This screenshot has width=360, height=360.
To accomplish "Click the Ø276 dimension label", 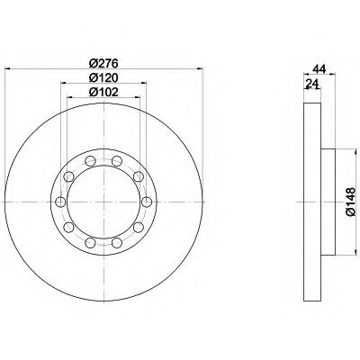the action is point(103,63).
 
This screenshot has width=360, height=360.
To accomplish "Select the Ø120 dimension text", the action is point(103,77).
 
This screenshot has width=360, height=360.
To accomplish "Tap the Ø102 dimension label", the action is point(103,92).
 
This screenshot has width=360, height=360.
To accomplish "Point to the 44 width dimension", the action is point(319,69).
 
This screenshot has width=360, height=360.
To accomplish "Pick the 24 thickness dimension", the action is point(311,84).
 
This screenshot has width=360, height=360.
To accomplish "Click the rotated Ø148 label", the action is point(350,202).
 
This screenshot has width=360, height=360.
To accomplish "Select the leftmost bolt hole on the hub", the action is point(60,202).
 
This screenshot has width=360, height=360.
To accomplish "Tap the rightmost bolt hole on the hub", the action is point(147,202).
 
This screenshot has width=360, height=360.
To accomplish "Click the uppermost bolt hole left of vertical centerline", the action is point(90,161).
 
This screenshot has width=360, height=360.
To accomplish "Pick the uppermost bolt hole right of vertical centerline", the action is point(117,161).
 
